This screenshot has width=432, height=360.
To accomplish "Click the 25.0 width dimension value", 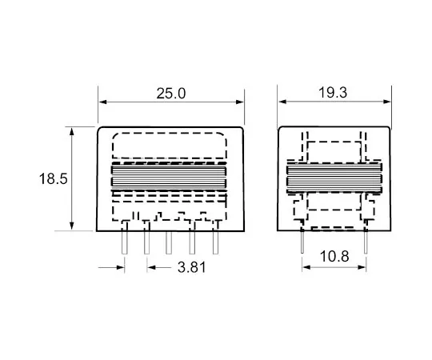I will pyautogui.click(x=170, y=94).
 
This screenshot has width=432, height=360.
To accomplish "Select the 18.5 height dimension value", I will pyautogui.click(x=52, y=178).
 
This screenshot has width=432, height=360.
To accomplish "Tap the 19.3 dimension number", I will pyautogui.click(x=334, y=94).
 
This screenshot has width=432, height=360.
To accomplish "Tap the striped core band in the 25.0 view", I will pyautogui.click(x=169, y=179).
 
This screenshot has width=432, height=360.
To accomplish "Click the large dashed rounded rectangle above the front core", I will pyautogui.click(x=169, y=146).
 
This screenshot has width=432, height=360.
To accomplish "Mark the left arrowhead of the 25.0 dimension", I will pyautogui.click(x=103, y=102).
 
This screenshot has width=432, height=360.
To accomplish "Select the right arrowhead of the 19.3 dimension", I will pyautogui.click(x=388, y=102).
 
